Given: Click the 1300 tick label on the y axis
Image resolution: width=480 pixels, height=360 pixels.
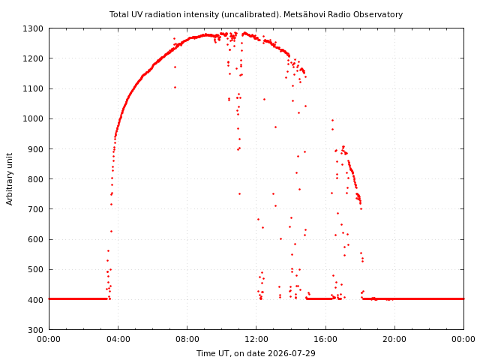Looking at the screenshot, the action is [33, 28].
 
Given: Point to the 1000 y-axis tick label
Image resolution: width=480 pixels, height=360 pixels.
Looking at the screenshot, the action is [33, 118].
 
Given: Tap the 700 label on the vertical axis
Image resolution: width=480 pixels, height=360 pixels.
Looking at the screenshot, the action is [35, 209].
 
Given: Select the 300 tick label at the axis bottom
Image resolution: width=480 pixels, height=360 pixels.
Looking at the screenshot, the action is [35, 330].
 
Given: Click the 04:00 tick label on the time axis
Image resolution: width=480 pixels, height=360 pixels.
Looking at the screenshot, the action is [118, 339].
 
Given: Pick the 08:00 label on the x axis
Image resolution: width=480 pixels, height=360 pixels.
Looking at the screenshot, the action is [187, 339].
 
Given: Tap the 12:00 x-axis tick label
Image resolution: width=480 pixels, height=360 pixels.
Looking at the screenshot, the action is [256, 339].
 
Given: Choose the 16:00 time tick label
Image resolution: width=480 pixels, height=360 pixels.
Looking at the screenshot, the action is [325, 339].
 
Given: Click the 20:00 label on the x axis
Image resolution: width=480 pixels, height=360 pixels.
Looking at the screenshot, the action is [394, 339].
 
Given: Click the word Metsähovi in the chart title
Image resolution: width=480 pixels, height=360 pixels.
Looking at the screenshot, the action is [301, 14].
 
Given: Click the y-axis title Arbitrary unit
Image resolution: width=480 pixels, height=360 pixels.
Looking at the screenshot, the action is [10, 179].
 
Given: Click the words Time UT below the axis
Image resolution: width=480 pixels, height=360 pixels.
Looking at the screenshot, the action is [212, 353].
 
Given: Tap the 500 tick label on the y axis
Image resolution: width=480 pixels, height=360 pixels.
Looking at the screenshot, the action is [35, 270].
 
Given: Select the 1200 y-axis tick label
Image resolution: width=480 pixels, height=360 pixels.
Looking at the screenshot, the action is [33, 58].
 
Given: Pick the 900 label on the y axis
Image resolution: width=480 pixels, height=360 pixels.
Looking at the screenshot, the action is [35, 149].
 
